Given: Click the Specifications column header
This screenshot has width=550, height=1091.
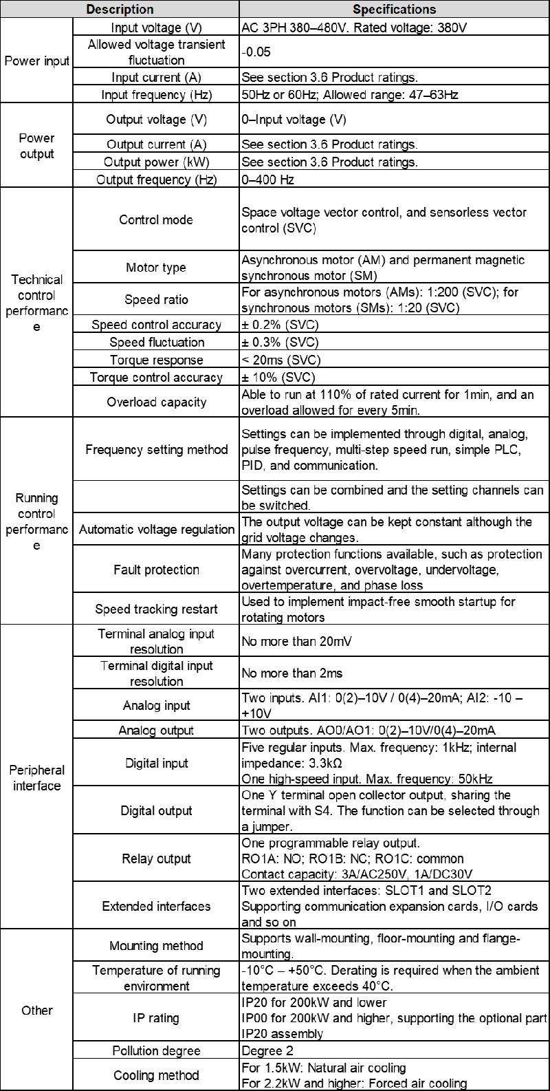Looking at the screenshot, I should (394, 9).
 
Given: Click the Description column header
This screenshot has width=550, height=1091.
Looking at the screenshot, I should (120, 9).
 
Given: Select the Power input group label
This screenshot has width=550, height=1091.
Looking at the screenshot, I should (37, 61).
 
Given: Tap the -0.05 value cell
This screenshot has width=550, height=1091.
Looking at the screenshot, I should (256, 52).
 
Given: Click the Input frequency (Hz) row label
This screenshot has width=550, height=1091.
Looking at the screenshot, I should (156, 94).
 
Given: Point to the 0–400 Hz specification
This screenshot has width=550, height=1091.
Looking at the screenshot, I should (268, 180).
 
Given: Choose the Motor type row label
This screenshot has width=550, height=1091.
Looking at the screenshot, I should (156, 268).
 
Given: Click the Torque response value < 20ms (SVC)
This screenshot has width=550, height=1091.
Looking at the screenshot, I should (281, 360).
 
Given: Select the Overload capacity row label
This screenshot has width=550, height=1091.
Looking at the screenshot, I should (156, 402).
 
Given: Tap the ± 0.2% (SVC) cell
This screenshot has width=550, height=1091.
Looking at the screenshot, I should (280, 325).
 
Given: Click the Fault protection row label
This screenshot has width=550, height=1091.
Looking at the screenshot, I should (156, 570).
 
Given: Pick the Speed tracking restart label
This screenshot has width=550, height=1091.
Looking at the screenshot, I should (156, 609).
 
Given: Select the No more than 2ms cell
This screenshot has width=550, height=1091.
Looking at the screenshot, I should (292, 673).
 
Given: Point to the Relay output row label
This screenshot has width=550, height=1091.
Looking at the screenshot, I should (156, 858).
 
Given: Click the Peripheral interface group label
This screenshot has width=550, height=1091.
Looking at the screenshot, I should (37, 778).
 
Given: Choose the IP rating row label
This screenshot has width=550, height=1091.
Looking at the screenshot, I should (156, 1018).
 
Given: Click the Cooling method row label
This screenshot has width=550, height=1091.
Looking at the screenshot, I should (156, 1075).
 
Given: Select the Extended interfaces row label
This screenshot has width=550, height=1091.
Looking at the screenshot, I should (156, 906).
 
